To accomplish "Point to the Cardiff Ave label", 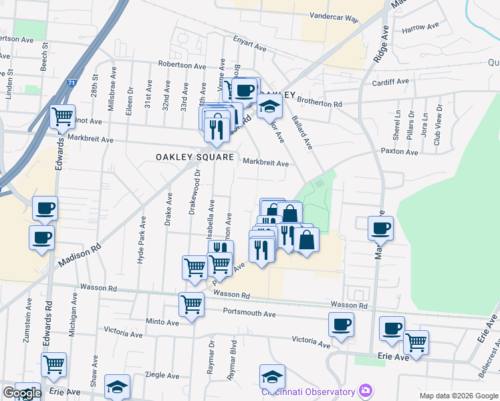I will pos(392,82).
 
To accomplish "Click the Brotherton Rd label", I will pos(320,104).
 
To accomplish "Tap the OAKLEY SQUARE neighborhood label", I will pos(195,157).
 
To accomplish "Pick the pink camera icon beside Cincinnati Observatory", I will pos(365,390).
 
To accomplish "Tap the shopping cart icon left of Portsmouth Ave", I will pos(191,305).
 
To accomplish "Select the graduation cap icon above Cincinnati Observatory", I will pos(272,376).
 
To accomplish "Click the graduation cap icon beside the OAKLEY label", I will pos(269,106).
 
